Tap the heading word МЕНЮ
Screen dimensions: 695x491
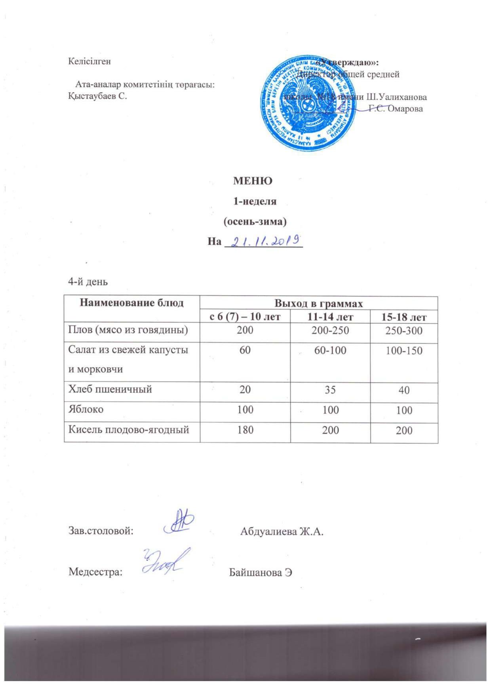tap(253, 181)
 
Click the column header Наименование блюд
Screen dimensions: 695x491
tap(132, 303)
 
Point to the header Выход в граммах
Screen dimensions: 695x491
tap(319, 304)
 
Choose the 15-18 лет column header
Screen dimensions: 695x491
tap(404, 317)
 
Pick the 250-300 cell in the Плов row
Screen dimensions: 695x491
tap(404, 330)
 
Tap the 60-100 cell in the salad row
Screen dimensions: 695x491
tap(330, 350)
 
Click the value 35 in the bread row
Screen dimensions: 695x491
tap(330, 390)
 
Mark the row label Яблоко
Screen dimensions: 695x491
tap(86, 409)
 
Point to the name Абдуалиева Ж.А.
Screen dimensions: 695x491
tap(282, 531)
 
